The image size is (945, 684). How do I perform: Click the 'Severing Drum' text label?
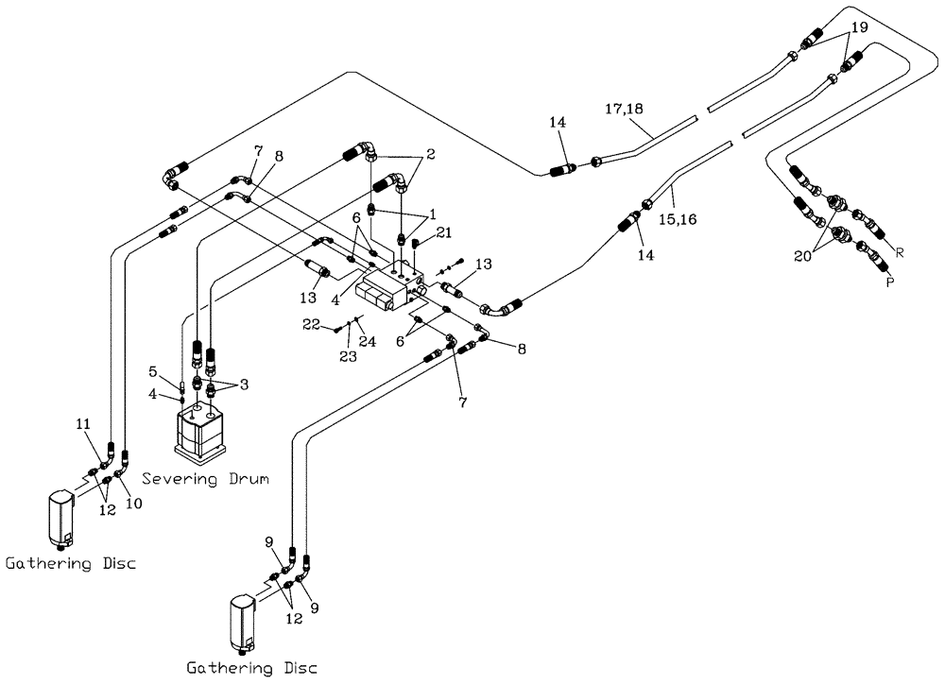point(202,479)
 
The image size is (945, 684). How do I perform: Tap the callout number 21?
point(445,232)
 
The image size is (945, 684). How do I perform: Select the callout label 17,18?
point(624,110)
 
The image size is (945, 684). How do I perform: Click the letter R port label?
point(900,252)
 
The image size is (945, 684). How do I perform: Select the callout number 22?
point(313,325)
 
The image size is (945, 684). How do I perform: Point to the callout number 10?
point(133,503)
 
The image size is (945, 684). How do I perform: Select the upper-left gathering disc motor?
point(60,517)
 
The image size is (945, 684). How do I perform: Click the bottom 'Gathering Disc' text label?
point(250,668)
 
